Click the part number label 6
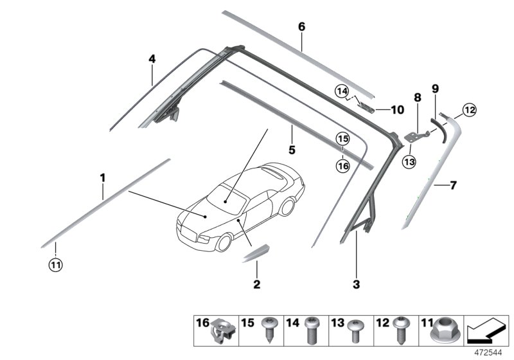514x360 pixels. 301,27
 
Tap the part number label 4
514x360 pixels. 152,59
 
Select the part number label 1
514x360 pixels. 102,175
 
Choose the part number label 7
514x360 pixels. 453,186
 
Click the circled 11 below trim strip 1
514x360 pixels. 56,264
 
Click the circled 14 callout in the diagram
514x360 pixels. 341,91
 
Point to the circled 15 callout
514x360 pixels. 342,138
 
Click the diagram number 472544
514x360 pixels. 489,353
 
